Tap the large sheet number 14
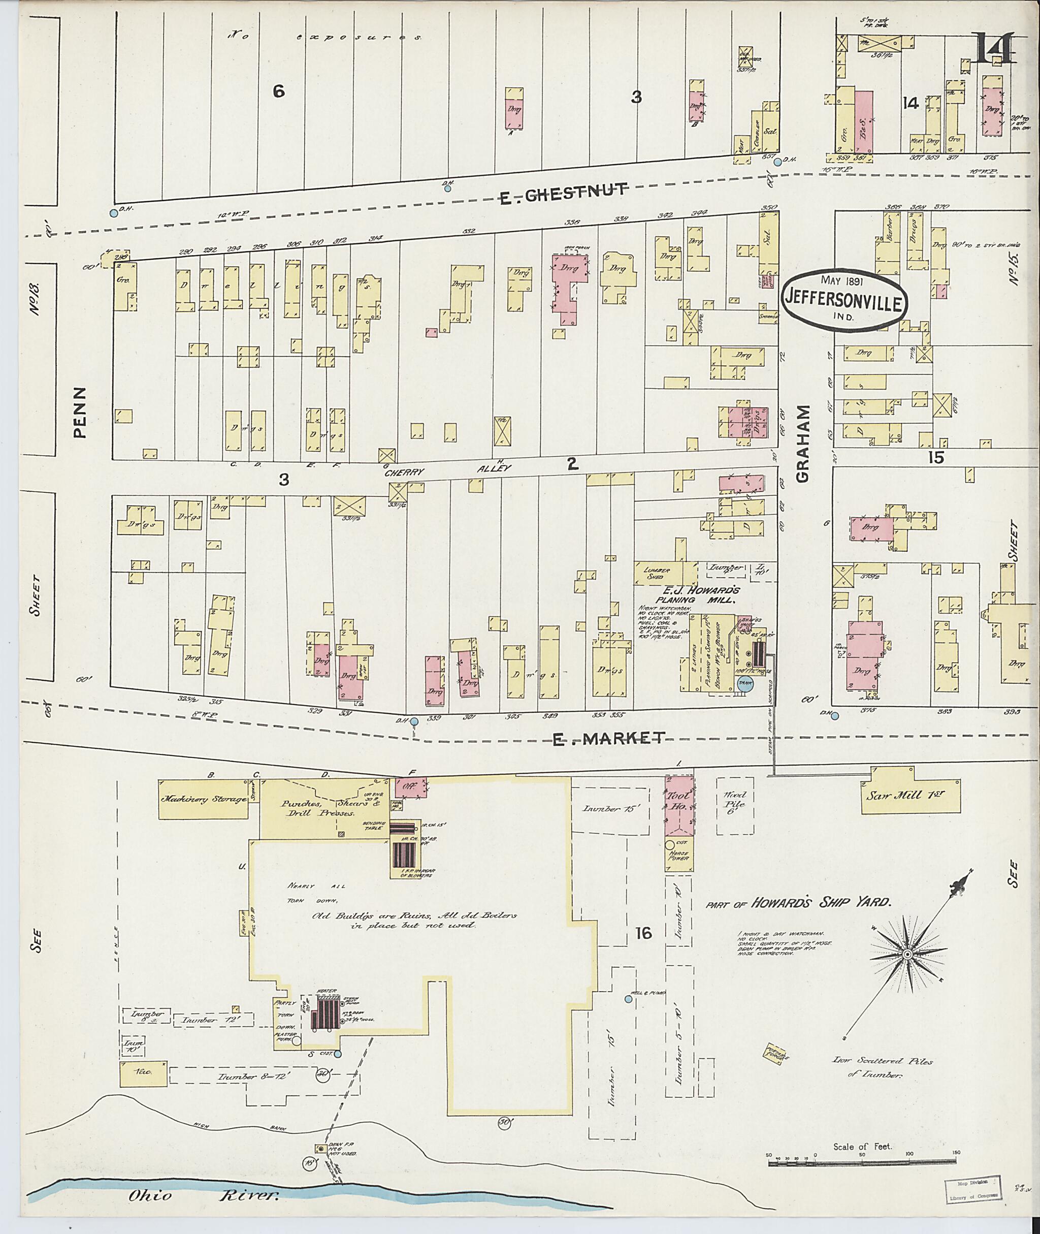click(992, 49)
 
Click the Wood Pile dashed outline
click(735, 806)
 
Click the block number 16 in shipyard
click(643, 933)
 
